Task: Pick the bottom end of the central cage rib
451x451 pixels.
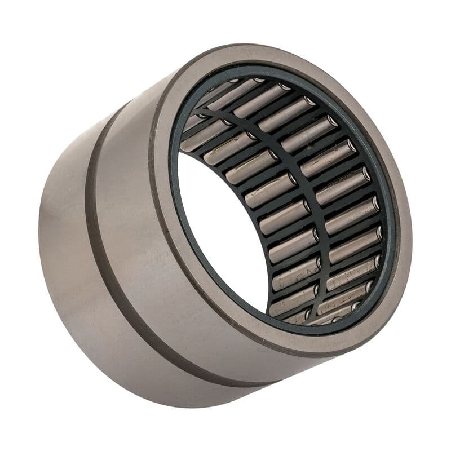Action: coord(313,316)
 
